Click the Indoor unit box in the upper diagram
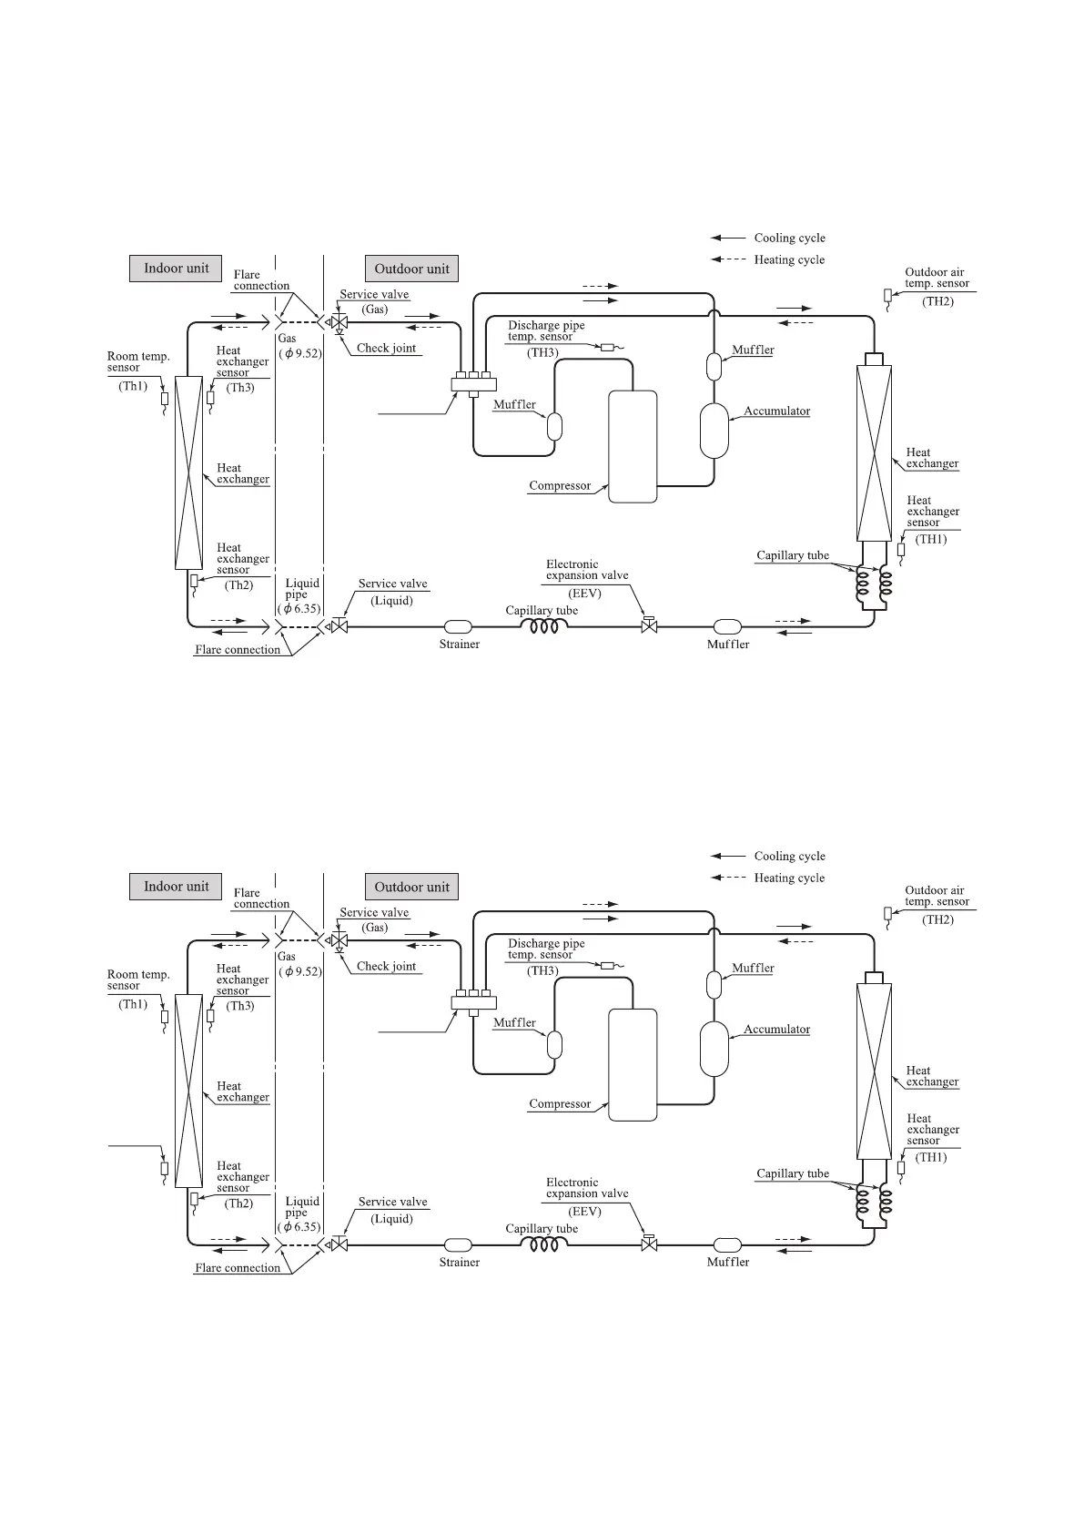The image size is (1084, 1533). [176, 269]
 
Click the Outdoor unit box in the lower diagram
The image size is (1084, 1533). [411, 887]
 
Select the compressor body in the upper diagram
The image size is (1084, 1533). [633, 446]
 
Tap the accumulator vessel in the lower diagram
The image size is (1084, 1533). [714, 1049]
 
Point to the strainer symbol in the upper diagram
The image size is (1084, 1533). [458, 626]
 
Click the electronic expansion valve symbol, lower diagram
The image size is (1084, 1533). [649, 1244]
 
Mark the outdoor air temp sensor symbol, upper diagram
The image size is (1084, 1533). [888, 296]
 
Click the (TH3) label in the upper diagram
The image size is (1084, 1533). [542, 353]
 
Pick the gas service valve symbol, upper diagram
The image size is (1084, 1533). [339, 322]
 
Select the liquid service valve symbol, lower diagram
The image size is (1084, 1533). [339, 1244]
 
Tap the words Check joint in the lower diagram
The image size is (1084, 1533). [386, 967]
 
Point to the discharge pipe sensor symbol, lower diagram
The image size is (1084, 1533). [608, 965]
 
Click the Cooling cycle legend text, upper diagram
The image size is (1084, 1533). [789, 239]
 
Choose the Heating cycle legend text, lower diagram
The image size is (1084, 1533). [789, 878]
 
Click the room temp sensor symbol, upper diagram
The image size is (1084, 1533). [165, 398]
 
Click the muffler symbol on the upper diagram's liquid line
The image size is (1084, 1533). [727, 626]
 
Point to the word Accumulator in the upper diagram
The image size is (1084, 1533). [776, 411]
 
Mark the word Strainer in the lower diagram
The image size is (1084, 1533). [459, 1263]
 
